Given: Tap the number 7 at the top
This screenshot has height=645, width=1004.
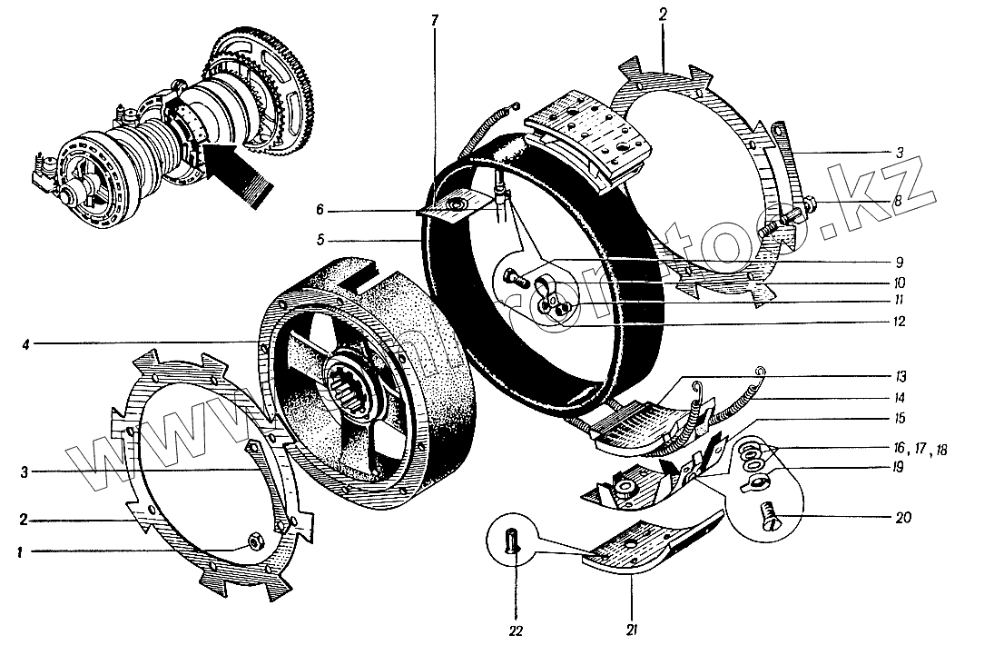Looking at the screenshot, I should click(x=435, y=20).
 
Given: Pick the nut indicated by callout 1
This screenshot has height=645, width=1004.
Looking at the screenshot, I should click(x=256, y=543).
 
